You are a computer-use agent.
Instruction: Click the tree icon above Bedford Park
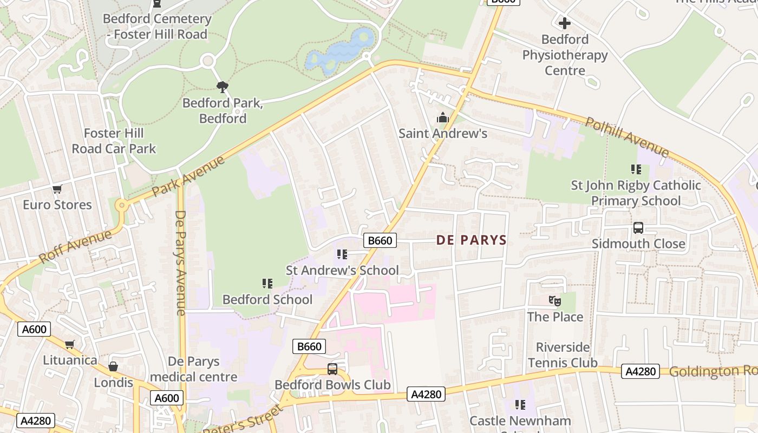click(x=222, y=87)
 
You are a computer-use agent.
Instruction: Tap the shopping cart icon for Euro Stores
click(x=57, y=189)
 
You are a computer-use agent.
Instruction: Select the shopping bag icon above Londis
click(x=113, y=366)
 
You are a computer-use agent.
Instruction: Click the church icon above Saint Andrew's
click(x=443, y=117)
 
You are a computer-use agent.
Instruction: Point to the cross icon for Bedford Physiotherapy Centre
click(x=565, y=23)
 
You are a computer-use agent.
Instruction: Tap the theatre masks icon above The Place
click(x=554, y=301)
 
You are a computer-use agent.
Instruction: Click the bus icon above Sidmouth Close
click(x=638, y=228)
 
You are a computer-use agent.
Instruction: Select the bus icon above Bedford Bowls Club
click(x=332, y=369)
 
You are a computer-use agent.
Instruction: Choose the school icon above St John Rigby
click(x=636, y=169)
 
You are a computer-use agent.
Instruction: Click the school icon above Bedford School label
click(x=267, y=284)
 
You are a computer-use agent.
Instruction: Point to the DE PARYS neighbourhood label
click(x=471, y=240)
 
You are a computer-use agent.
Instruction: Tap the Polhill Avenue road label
click(x=627, y=137)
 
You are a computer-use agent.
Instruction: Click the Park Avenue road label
click(x=188, y=176)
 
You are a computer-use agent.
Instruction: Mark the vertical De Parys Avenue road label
click(x=180, y=263)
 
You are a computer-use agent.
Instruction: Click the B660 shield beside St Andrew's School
click(x=380, y=240)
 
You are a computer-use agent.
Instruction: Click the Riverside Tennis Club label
click(x=563, y=355)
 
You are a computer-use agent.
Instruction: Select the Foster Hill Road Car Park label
click(x=114, y=141)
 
